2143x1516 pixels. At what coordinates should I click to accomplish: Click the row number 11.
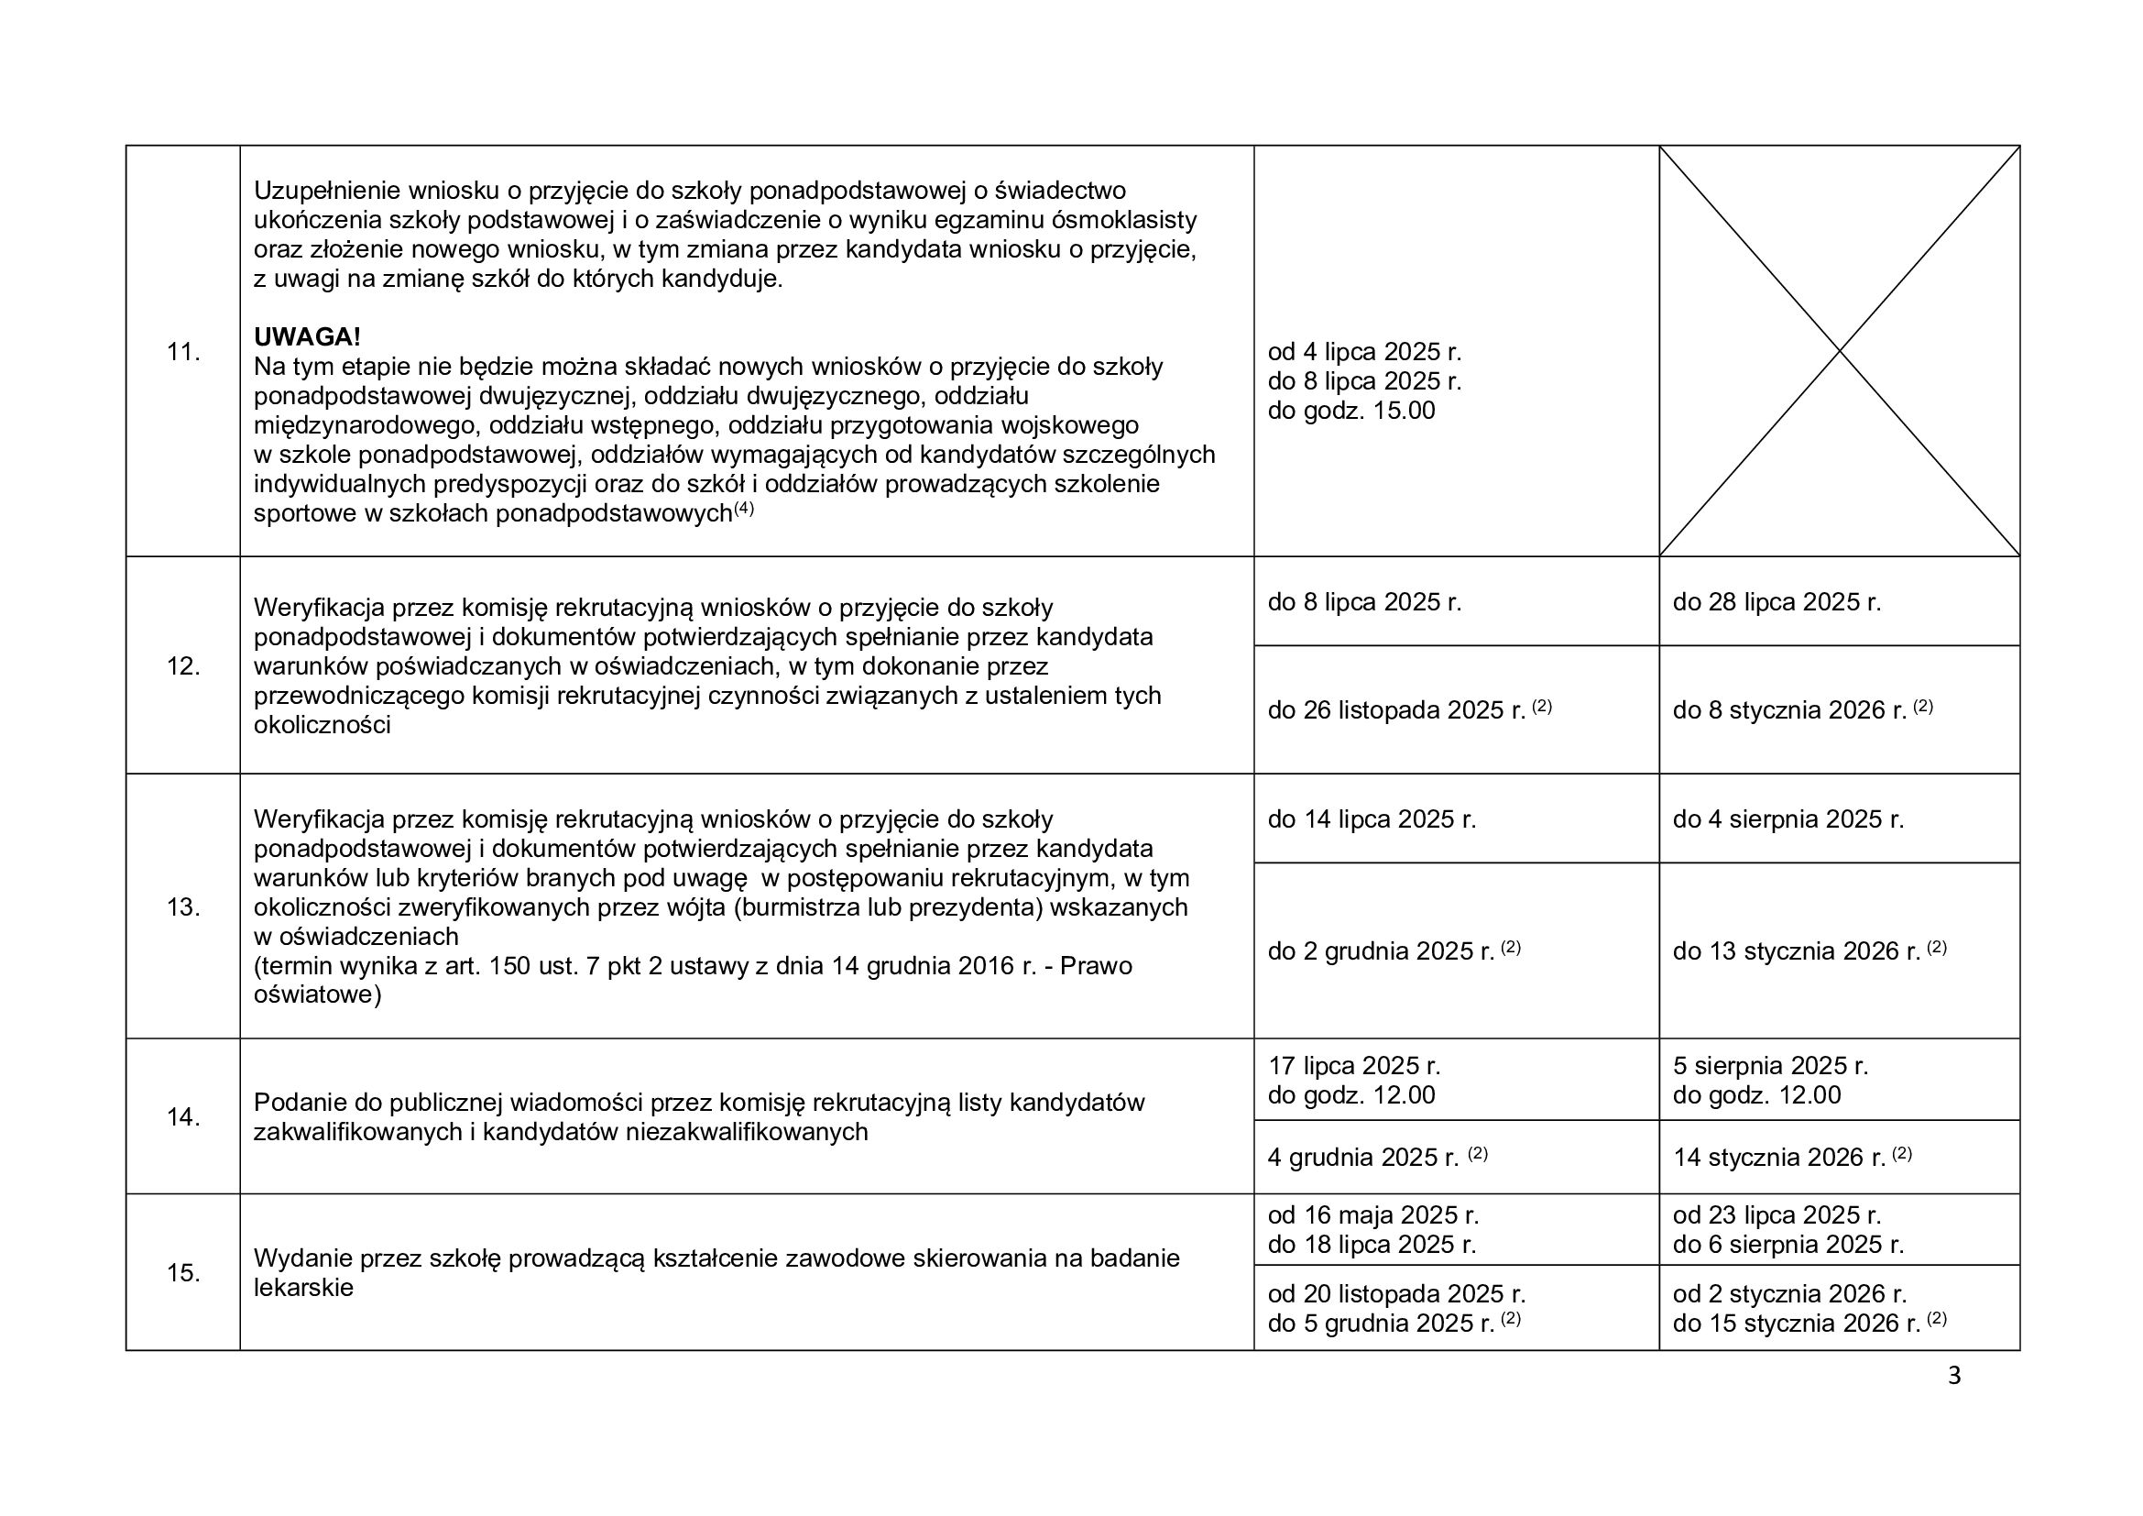(183, 352)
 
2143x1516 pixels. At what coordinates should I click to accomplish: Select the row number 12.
(183, 666)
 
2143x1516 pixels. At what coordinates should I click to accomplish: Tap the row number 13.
(183, 907)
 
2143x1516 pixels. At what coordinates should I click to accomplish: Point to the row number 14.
(183, 1117)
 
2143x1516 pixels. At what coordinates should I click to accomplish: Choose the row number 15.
(183, 1273)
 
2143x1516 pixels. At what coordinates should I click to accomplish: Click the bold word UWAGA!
(307, 337)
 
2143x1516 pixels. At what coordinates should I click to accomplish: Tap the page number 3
(1954, 1377)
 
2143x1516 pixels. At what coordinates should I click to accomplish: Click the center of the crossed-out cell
(1839, 351)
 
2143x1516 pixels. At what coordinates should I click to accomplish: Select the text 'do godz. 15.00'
(1350, 411)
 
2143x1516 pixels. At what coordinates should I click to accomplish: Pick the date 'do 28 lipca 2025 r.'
(1777, 602)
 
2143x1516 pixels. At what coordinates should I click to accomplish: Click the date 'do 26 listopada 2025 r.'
(1395, 710)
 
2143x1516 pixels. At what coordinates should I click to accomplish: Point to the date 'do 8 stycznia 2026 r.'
(1788, 710)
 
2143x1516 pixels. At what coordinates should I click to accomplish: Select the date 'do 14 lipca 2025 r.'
(1372, 819)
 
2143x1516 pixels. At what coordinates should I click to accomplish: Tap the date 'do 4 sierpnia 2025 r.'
(1788, 819)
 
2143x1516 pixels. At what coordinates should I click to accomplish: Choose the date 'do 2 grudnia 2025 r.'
(1381, 951)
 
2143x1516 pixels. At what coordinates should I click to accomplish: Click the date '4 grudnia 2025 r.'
(1362, 1158)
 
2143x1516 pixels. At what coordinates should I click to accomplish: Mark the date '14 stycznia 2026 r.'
(1779, 1158)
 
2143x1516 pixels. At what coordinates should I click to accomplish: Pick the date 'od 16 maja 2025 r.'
(1373, 1215)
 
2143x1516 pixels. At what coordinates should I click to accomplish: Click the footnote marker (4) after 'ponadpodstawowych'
(743, 509)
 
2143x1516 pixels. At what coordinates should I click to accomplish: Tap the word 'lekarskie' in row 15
(303, 1288)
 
